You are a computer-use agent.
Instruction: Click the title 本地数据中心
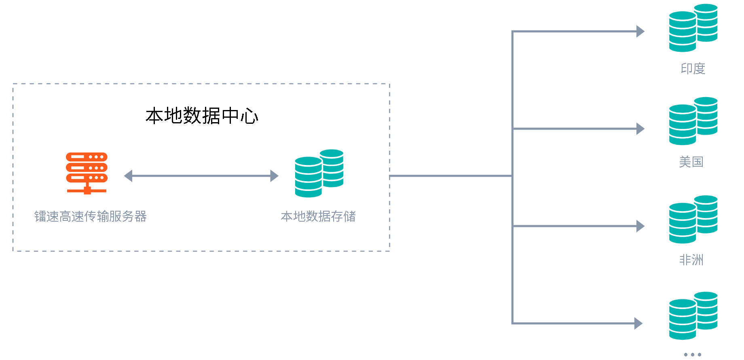[202, 116]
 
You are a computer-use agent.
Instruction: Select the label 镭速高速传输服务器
[91, 216]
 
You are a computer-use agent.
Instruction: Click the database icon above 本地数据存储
[319, 174]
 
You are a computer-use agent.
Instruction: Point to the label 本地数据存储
[318, 216]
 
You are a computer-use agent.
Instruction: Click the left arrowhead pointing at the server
[128, 176]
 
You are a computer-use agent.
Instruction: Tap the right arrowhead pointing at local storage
[274, 176]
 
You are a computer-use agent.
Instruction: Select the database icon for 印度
[693, 28]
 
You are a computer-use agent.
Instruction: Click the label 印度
[693, 69]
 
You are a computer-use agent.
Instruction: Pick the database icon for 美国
[693, 121]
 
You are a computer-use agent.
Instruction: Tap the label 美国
[691, 162]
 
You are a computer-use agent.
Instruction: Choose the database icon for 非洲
[693, 220]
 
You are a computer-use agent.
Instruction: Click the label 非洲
[691, 260]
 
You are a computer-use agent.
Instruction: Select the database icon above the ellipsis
[693, 316]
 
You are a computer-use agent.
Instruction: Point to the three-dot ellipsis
[692, 354]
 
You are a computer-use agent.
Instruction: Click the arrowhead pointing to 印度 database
[640, 31]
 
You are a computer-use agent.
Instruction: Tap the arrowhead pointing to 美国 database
[640, 129]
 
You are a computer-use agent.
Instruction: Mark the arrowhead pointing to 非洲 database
[640, 226]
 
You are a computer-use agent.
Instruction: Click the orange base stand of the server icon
[87, 190]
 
